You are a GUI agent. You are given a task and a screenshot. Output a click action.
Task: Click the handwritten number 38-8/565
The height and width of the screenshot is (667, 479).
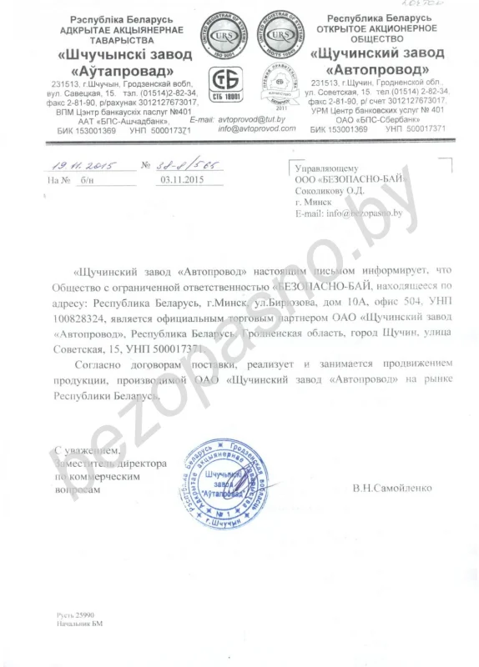191,165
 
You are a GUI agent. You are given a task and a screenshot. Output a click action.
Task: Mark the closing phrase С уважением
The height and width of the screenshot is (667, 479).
83,451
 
